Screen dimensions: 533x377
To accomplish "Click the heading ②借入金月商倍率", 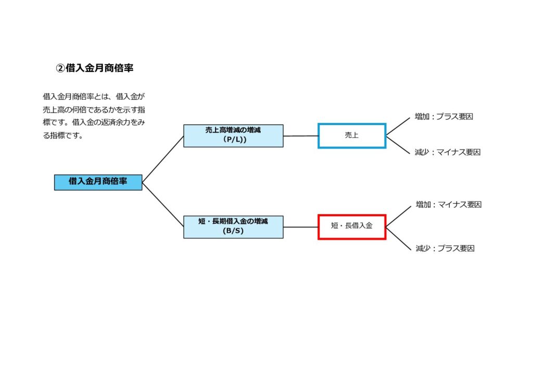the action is coord(95,68).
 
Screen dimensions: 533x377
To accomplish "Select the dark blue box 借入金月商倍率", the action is coord(98,183).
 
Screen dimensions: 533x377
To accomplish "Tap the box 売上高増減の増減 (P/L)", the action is coord(233,136).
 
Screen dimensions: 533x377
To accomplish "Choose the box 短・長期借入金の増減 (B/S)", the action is coord(233,227).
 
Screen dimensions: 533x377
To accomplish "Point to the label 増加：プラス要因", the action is coord(443,117).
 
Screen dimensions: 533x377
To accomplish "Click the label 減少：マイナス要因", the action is coord(447,152).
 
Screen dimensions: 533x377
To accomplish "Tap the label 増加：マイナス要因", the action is coord(448,205).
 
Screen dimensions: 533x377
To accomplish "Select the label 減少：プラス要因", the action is coord(445,248).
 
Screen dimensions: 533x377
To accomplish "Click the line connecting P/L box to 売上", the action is coord(301,136).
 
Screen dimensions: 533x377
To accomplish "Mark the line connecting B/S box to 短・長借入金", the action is coord(301,227).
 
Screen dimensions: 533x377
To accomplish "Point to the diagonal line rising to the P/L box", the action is coord(163,159).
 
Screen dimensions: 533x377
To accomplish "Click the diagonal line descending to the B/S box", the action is coord(163,205).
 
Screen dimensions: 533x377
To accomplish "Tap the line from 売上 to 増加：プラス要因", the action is coord(398,127).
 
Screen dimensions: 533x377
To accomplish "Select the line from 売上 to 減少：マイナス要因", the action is coord(398,145).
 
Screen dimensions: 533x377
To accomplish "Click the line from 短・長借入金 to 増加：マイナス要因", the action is coord(398,217).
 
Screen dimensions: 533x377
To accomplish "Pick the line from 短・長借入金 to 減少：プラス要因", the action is coord(398,238).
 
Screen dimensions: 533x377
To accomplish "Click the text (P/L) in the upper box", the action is coord(235,140).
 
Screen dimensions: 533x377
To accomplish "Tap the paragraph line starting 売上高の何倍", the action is coord(94,109).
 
